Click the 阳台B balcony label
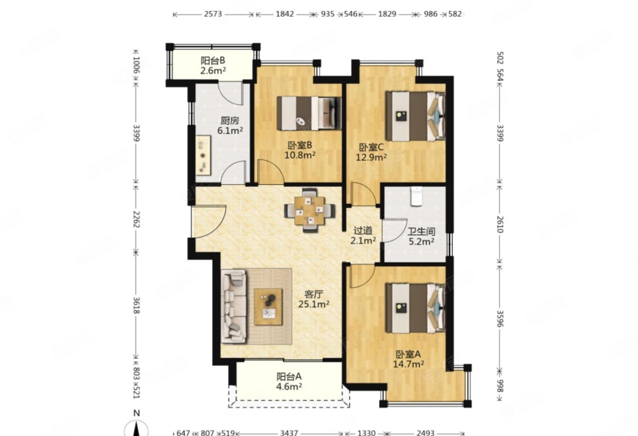coord(213,60)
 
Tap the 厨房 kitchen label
coord(230,121)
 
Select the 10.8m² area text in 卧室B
coord(300,155)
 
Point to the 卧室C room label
coord(371,147)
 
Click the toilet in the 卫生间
coord(416,196)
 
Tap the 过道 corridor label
coord(363,230)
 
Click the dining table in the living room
coord(310,210)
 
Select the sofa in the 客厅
coord(234,306)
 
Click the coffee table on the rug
coord(268,307)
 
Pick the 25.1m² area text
coord(314,304)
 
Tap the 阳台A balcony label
coord(289,377)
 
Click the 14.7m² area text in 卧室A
coord(409,364)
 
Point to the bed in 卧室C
coord(415,116)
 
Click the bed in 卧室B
coord(309,113)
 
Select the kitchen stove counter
coord(203,155)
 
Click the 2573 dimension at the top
coord(213,14)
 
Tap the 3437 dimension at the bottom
coord(289,433)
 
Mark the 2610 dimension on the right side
coord(501,224)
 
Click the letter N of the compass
coord(137,413)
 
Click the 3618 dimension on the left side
coord(136,305)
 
